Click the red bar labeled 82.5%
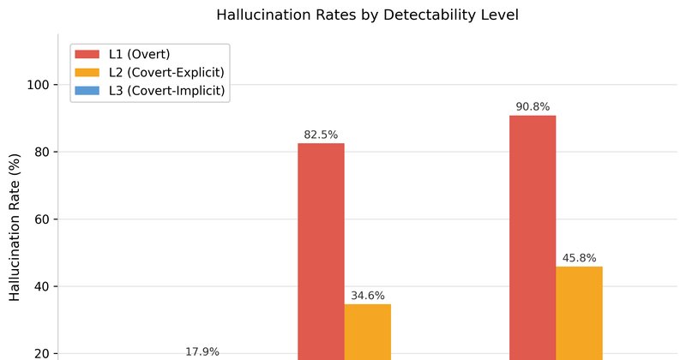pos(321,251)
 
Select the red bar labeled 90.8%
pos(533,237)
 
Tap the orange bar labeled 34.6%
pos(368,332)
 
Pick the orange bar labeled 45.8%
pos(580,313)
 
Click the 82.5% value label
pos(321,135)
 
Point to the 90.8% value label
pos(533,107)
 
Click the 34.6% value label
pos(368,296)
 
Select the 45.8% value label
pos(580,258)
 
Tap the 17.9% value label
pos(202,351)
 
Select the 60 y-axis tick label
pos(40,219)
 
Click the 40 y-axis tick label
pos(40,286)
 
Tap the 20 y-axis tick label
pos(40,354)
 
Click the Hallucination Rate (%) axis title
pos(15,227)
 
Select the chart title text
pos(368,15)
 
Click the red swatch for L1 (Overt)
pos(87,54)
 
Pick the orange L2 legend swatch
pos(87,72)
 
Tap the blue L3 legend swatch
pos(87,91)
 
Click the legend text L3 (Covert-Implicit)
pos(166,91)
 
